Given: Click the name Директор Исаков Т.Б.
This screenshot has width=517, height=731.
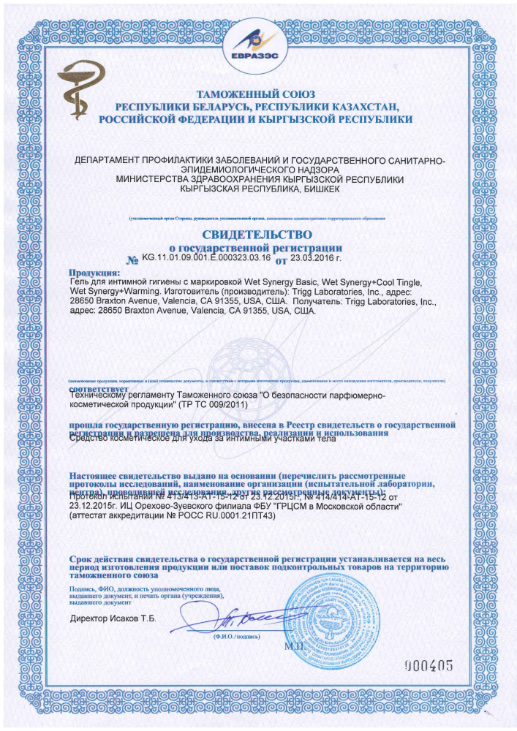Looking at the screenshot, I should [x=113, y=619].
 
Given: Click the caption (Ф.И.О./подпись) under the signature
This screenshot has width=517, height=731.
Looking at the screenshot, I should [x=236, y=637].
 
